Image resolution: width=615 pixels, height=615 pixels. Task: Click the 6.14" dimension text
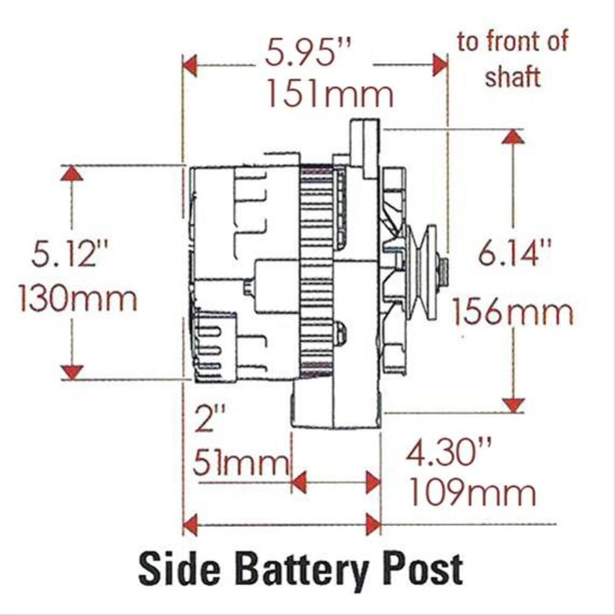coord(514,252)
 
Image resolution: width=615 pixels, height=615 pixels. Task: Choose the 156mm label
coord(513,311)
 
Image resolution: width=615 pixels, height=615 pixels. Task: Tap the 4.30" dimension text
coord(449,453)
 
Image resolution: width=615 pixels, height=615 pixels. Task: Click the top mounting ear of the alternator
coord(364,148)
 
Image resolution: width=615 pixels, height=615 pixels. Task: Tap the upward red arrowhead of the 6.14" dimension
coord(513,137)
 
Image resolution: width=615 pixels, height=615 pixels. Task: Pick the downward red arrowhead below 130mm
coord(71,372)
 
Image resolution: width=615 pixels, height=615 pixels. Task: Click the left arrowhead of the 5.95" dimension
coord(190,65)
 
